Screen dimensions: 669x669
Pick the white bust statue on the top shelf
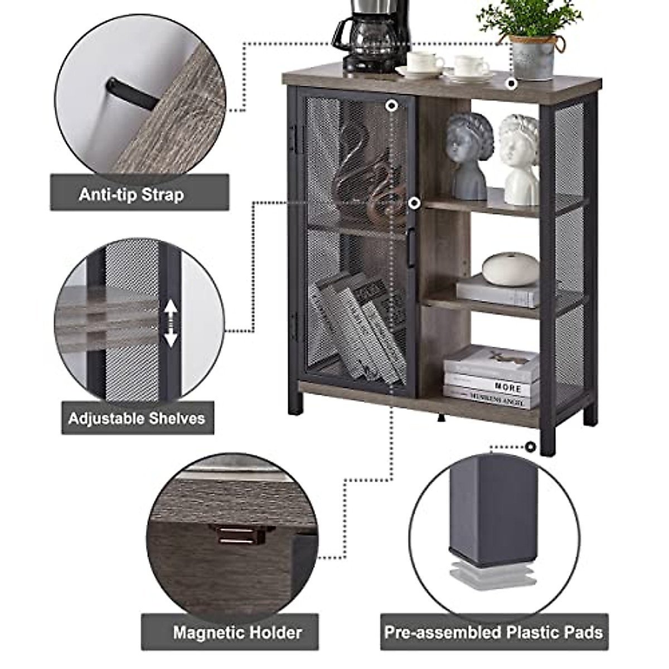520,159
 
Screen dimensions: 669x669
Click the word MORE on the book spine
508,386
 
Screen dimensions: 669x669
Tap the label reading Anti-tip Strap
132,195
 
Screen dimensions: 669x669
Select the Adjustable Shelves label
137,418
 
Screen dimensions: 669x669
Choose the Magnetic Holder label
237,632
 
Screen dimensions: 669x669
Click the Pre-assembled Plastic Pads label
493,632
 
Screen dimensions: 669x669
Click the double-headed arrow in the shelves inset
171,323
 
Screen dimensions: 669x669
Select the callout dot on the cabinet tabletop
511,84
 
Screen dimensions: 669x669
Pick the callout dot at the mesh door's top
392,105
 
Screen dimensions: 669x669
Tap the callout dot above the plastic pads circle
530,446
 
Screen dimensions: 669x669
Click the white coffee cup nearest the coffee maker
425,63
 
